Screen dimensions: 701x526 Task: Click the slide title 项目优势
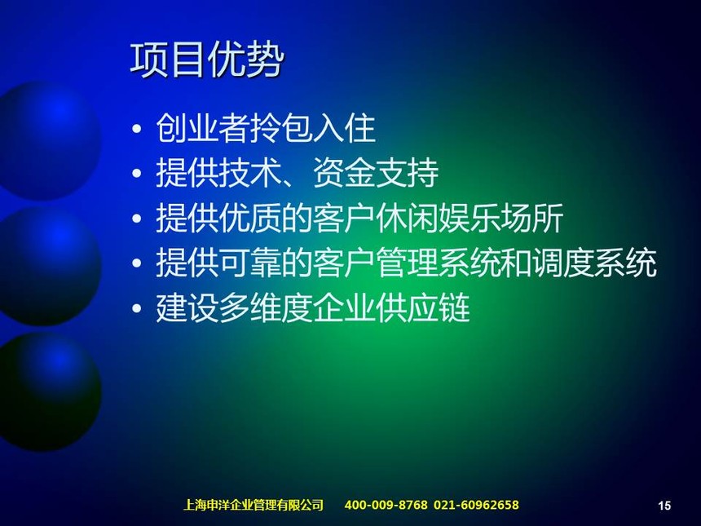click(x=207, y=60)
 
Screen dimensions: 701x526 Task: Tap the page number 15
click(x=664, y=506)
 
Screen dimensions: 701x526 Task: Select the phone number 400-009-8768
click(x=386, y=505)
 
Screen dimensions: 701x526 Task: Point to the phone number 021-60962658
click(x=476, y=505)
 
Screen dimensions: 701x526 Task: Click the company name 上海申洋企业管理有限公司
click(x=254, y=505)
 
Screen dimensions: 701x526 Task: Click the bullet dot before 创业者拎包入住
click(x=137, y=129)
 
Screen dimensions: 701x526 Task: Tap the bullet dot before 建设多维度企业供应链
click(x=137, y=308)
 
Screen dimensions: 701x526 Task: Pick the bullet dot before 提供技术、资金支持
click(x=137, y=174)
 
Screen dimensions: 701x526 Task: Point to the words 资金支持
click(x=376, y=173)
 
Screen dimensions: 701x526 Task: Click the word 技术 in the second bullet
click(x=250, y=173)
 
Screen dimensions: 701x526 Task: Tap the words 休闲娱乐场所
click(x=470, y=219)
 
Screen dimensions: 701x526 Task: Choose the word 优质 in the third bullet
click(x=250, y=219)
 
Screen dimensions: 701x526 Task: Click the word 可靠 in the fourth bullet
click(x=250, y=263)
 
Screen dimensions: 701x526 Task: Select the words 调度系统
click(x=594, y=263)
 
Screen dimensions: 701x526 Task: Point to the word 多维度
click(x=266, y=308)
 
